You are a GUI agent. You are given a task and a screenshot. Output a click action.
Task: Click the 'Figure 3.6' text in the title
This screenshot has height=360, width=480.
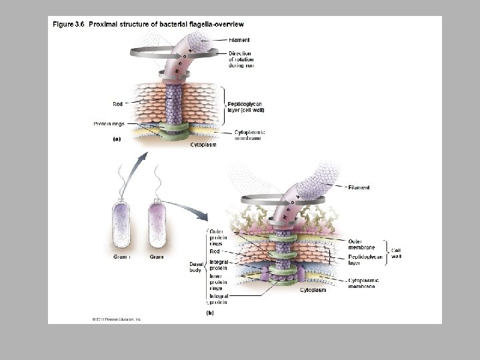pyautogui.click(x=70, y=25)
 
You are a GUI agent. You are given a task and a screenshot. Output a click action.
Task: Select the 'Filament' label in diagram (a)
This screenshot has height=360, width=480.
pyautogui.click(x=239, y=40)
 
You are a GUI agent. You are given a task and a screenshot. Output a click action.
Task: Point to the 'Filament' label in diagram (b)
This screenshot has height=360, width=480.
pyautogui.click(x=359, y=187)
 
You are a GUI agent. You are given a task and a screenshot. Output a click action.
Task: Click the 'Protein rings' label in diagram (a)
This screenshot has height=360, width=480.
pyautogui.click(x=109, y=124)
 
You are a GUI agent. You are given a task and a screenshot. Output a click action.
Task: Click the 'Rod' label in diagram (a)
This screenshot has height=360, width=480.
pyautogui.click(x=117, y=103)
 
